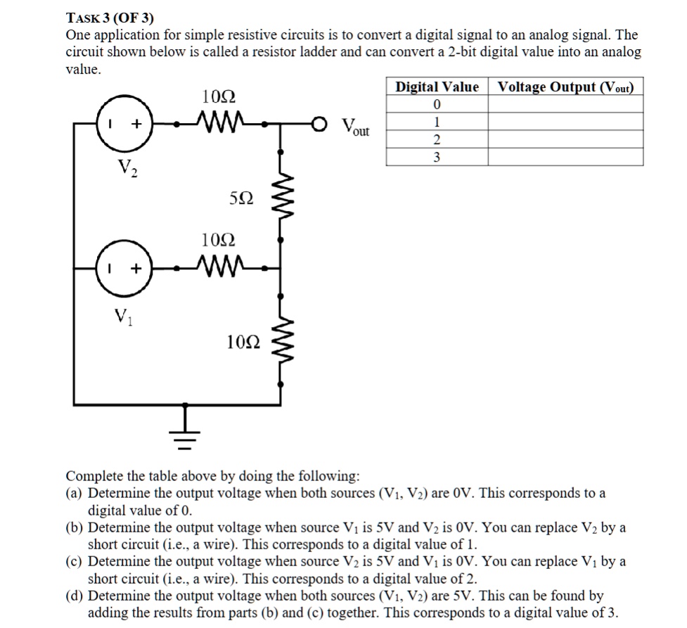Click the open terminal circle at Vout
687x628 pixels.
click(x=319, y=124)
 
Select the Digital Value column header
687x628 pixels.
click(x=437, y=87)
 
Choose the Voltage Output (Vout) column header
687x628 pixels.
click(x=565, y=87)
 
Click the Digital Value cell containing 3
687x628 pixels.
click(x=437, y=158)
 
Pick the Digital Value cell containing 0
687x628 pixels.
click(x=437, y=105)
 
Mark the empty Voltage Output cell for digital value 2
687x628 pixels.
click(x=565, y=140)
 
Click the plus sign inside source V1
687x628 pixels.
click(x=137, y=268)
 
